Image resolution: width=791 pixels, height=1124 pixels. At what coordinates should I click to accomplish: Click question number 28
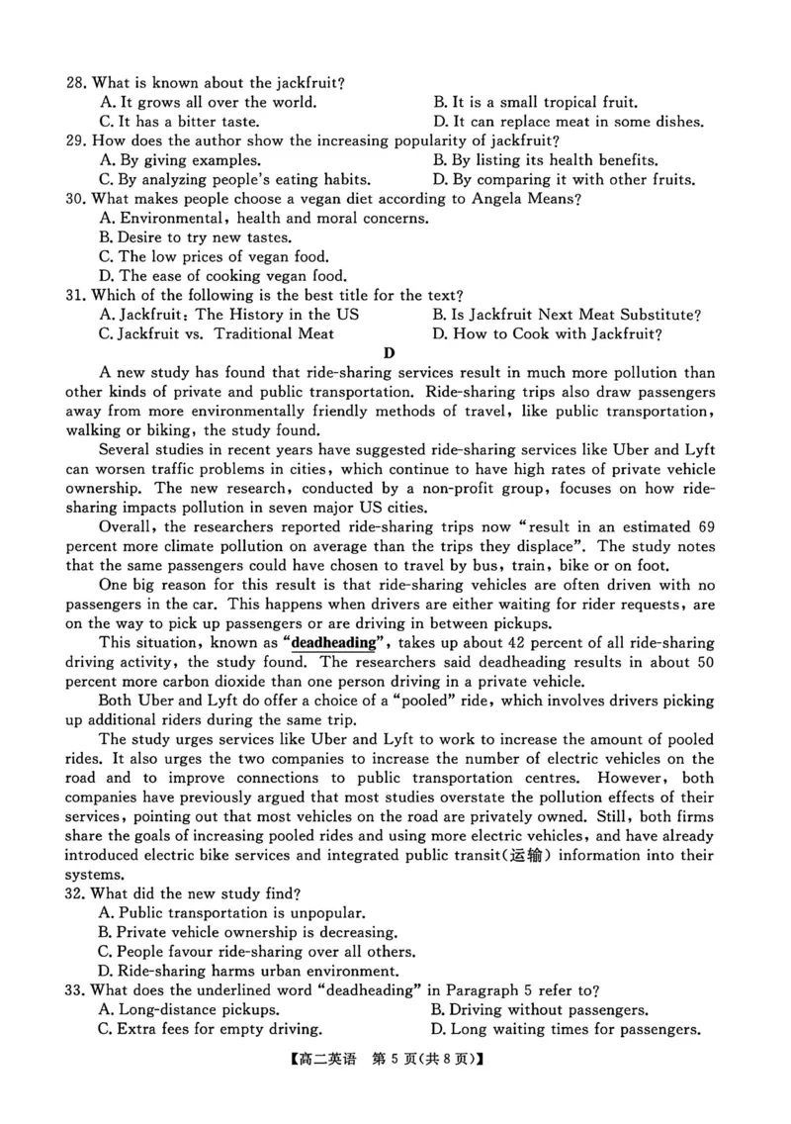click(76, 82)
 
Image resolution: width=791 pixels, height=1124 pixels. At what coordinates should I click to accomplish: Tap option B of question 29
click(545, 160)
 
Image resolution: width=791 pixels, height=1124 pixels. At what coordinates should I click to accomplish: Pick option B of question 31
click(566, 315)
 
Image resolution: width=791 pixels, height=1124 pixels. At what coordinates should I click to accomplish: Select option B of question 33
click(539, 1010)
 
